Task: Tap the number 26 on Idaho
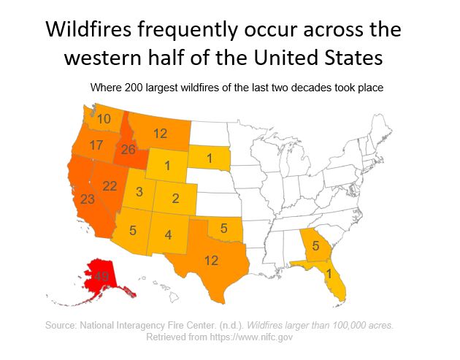[129, 150]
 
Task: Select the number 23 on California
[88, 199]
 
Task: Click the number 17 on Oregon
[96, 145]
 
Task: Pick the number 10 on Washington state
[104, 118]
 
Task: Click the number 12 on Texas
[210, 260]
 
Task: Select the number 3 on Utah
[138, 191]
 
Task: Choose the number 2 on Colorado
[176, 198]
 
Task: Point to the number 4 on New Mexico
[168, 235]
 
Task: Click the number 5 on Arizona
[132, 231]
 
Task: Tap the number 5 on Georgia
[315, 245]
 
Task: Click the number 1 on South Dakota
[209, 158]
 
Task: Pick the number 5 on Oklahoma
[225, 229]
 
